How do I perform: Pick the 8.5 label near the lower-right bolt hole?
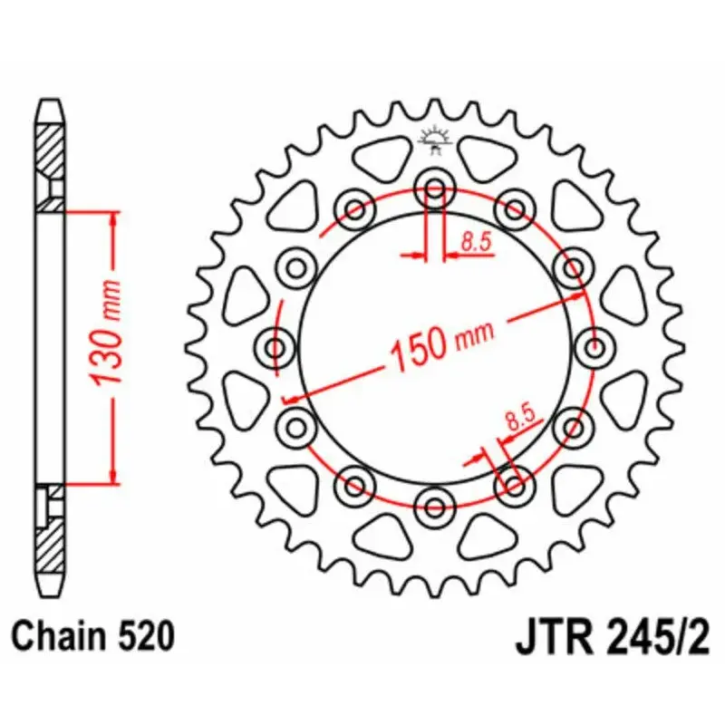[x=520, y=418]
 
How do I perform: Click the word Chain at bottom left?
[x=57, y=636]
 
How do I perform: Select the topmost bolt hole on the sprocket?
[x=435, y=190]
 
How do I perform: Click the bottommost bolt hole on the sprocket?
[x=435, y=503]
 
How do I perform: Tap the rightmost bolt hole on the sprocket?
[x=594, y=346]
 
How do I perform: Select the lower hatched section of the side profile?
[x=50, y=539]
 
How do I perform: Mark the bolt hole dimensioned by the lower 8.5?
[x=514, y=484]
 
